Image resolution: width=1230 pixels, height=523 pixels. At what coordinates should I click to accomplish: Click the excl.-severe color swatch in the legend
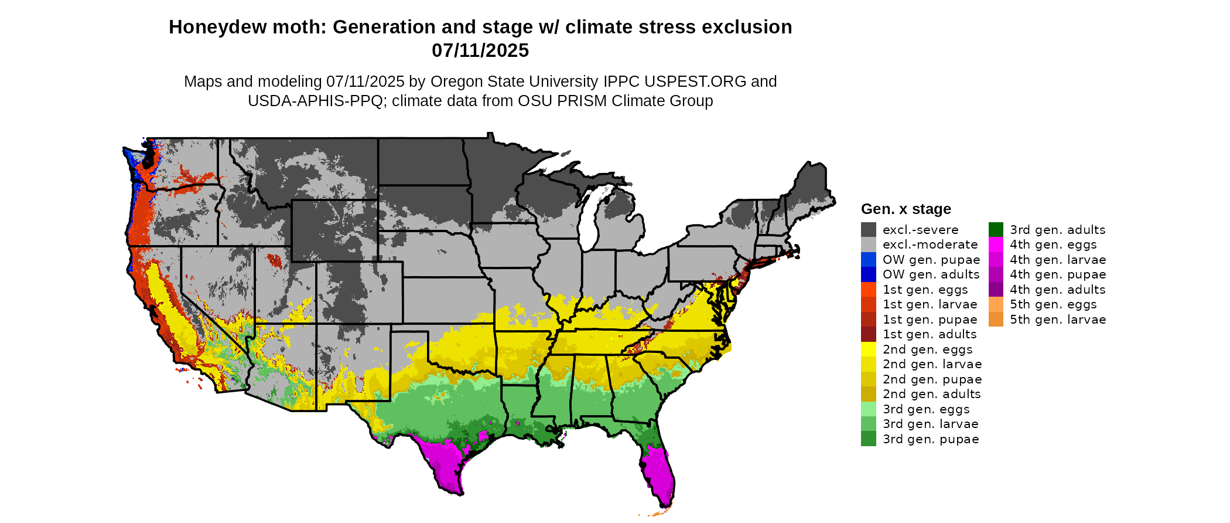(868, 230)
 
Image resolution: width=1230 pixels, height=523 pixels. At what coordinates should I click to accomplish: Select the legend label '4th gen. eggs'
(1053, 244)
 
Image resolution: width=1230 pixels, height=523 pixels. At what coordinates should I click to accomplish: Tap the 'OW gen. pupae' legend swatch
(868, 260)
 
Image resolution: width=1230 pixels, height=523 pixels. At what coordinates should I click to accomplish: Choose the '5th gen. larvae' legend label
(1057, 320)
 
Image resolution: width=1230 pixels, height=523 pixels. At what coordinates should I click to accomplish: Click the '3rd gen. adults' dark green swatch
(996, 230)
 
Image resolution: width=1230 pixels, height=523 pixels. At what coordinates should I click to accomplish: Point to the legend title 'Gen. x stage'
(906, 209)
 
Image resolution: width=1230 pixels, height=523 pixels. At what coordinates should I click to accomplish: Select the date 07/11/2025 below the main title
(480, 51)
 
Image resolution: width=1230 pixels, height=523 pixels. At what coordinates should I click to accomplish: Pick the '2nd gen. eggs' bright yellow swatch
(868, 349)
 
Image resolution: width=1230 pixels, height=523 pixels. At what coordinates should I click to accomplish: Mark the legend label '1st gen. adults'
(930, 334)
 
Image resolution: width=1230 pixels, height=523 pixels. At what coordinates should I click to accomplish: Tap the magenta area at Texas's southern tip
(445, 463)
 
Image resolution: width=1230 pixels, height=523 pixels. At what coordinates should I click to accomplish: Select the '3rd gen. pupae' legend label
(930, 439)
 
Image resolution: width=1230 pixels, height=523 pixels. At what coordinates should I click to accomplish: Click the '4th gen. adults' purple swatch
(996, 290)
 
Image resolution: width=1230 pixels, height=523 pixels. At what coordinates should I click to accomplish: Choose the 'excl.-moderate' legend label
(930, 244)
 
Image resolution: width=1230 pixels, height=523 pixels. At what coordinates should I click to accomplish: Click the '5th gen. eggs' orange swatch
(996, 304)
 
